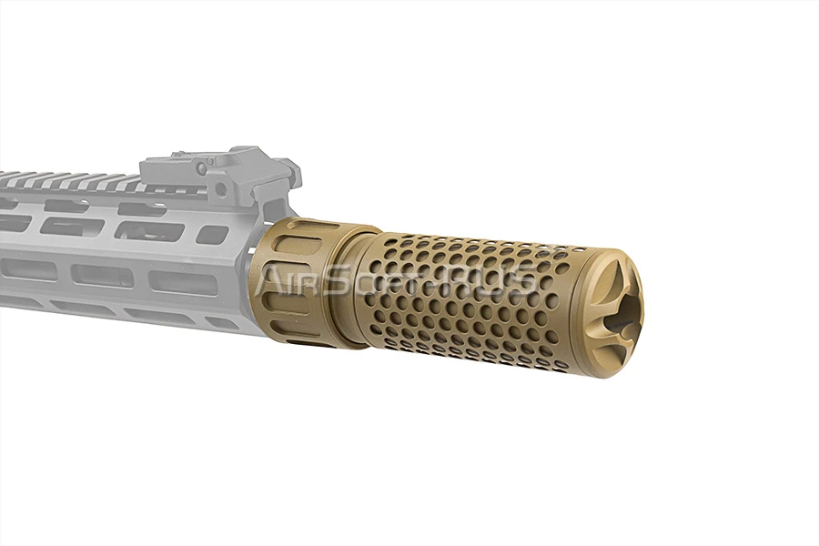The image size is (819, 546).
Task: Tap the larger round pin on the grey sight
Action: (221, 187)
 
